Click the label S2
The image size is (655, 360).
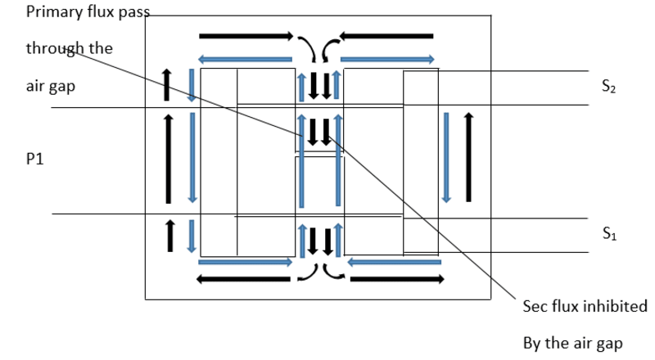click(x=608, y=88)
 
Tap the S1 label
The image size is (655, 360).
click(x=608, y=235)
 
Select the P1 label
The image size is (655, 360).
click(x=34, y=161)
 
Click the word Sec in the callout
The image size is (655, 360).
click(x=535, y=307)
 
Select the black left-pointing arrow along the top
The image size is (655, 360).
click(x=386, y=36)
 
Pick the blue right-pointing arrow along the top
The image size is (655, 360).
click(x=387, y=59)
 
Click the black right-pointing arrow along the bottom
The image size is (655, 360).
click(x=397, y=280)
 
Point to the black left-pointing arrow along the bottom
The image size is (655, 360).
click(x=244, y=280)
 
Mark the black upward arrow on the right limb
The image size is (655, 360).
click(x=468, y=156)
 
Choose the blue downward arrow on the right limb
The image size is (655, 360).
click(x=447, y=156)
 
